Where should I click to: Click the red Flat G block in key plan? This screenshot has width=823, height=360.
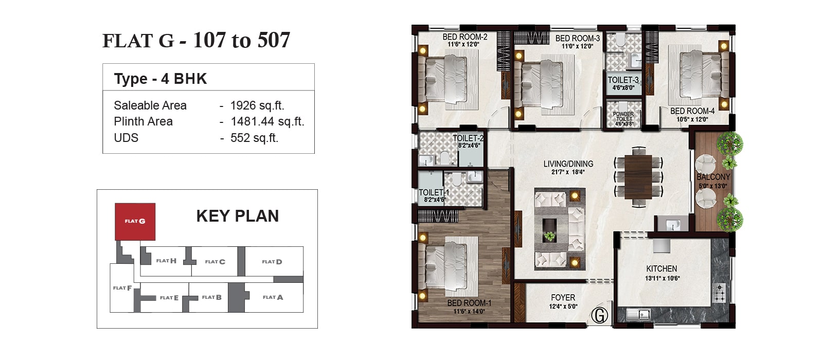coord(135,222)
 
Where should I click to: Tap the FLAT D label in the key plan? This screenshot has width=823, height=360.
coord(272,262)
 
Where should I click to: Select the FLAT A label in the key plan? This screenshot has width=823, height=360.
coord(273,297)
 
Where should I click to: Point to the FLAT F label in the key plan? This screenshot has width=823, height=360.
coord(122,288)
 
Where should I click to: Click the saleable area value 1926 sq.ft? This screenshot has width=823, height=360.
coord(257,105)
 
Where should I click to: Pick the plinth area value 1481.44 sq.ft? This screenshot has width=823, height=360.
coord(267,121)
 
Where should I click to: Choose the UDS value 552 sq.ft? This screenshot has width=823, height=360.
coord(254,138)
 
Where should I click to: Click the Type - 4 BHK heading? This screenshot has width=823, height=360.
coord(160,79)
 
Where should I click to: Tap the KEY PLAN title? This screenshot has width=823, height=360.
coord(237,215)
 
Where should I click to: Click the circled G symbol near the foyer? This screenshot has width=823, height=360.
coord(600,315)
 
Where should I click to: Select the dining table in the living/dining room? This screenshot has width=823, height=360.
coord(638,177)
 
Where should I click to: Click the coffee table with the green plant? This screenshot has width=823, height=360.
coord(549,230)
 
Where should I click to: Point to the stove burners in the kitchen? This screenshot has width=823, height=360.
coord(719,293)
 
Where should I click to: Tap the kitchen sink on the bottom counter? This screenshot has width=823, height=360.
coord(638,315)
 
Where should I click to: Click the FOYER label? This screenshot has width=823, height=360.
coord(563,297)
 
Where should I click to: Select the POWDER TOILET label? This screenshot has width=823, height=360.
coord(623,116)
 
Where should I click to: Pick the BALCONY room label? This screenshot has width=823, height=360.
coord(713,177)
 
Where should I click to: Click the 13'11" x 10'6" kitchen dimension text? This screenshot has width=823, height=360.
coord(662,278)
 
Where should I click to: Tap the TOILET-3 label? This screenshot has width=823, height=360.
coord(623,80)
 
